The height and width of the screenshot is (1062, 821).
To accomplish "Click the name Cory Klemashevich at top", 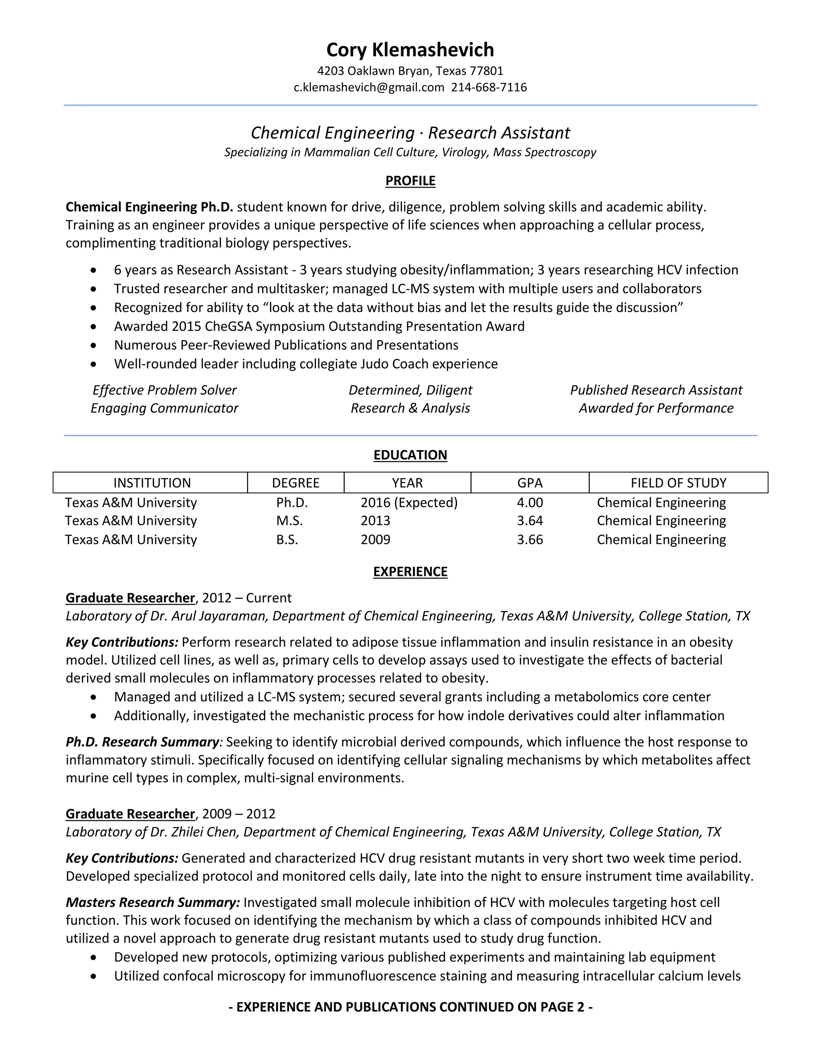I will click(x=410, y=50).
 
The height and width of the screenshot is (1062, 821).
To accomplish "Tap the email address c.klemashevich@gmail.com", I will click(x=369, y=87).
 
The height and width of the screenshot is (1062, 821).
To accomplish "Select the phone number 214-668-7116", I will click(x=489, y=87).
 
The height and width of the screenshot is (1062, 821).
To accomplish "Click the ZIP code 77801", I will click(x=486, y=71).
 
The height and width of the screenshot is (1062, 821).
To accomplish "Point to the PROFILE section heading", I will click(x=410, y=181).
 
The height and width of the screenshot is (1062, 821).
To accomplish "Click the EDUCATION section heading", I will click(x=410, y=455).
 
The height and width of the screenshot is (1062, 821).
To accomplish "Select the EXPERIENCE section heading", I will click(x=410, y=571).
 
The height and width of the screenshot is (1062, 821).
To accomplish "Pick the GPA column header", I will click(x=530, y=483).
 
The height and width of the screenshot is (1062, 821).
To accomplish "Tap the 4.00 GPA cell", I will click(x=530, y=502).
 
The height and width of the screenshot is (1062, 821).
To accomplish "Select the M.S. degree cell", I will click(x=289, y=521).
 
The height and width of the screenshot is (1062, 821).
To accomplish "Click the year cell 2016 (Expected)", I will click(x=409, y=502).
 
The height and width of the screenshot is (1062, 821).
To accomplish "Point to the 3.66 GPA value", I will click(x=530, y=540).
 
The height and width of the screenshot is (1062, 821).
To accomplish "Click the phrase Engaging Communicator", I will click(x=164, y=408).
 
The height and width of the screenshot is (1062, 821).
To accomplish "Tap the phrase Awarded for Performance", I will click(x=655, y=408).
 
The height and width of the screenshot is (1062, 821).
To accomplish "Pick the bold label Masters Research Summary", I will click(x=153, y=902).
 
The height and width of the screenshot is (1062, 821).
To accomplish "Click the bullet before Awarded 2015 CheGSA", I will click(x=94, y=327).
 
